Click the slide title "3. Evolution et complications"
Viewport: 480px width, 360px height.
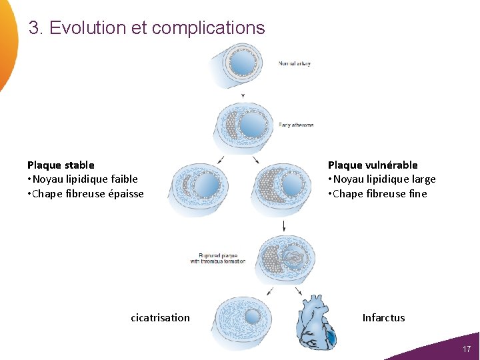click(x=147, y=28)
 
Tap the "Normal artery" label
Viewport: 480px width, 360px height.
click(x=294, y=64)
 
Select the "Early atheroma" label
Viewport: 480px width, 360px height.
click(x=296, y=125)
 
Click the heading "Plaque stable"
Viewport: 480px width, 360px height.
click(x=61, y=165)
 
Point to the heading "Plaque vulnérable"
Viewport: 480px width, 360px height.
click(x=373, y=165)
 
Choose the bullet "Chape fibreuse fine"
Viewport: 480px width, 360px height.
click(x=379, y=193)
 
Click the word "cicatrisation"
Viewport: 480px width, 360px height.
click(x=160, y=317)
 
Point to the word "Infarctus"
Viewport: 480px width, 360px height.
click(x=383, y=317)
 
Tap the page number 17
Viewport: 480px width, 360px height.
click(x=467, y=349)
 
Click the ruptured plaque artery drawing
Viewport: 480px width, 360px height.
click(x=287, y=257)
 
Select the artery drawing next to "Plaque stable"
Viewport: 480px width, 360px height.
click(x=199, y=188)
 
